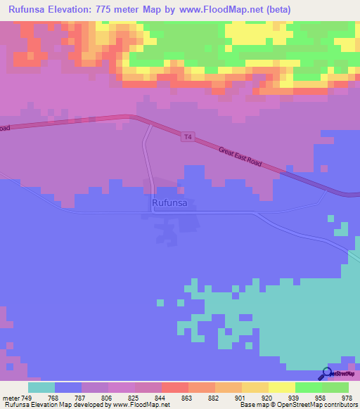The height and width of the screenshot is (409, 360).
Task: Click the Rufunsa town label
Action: click(x=169, y=203)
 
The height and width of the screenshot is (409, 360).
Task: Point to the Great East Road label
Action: click(x=240, y=156)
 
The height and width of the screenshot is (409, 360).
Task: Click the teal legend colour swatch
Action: click(x=41, y=387)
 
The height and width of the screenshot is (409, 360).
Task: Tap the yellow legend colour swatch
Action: click(x=281, y=387)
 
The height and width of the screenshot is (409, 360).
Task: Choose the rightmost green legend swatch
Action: click(x=335, y=387)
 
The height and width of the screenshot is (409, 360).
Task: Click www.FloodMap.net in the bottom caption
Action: click(x=140, y=405)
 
